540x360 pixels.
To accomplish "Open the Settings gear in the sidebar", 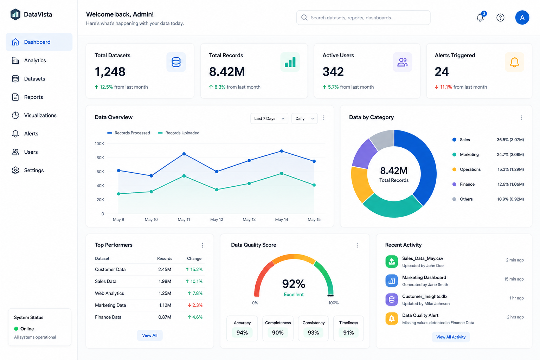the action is pyautogui.click(x=15, y=170).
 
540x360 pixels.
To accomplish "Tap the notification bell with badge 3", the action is pyautogui.click(x=480, y=17).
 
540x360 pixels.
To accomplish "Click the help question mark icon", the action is pyautogui.click(x=500, y=18).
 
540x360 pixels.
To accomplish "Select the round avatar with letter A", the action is pyautogui.click(x=522, y=18).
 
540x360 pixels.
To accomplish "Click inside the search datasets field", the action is pyautogui.click(x=363, y=18).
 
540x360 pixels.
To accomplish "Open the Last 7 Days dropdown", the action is pyautogui.click(x=269, y=118).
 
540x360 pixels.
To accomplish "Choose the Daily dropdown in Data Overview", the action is pyautogui.click(x=304, y=118).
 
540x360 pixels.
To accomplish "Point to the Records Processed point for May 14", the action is pyautogui.click(x=282, y=151).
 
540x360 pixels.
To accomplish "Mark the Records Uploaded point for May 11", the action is pyautogui.click(x=184, y=176).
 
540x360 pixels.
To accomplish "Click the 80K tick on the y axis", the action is pyautogui.click(x=100, y=158).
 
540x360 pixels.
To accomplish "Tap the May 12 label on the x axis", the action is pyautogui.click(x=217, y=219).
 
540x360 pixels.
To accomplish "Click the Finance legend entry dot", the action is pyautogui.click(x=454, y=184).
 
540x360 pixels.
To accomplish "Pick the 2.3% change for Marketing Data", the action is pyautogui.click(x=195, y=305).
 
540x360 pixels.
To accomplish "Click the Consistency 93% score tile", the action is pyautogui.click(x=313, y=328).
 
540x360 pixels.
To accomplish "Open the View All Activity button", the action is pyautogui.click(x=451, y=337).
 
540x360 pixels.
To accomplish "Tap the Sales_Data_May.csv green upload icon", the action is pyautogui.click(x=392, y=262).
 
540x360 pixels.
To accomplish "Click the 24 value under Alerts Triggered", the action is pyautogui.click(x=442, y=72).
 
